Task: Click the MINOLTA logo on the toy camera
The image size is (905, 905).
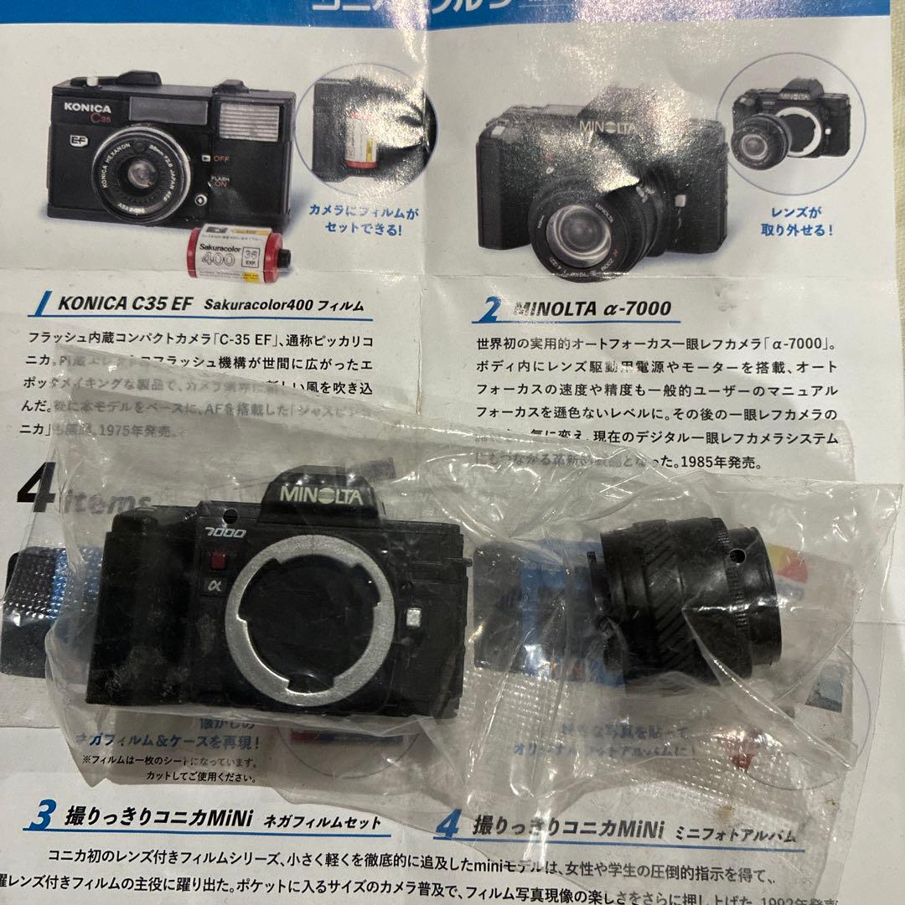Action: click(321, 494)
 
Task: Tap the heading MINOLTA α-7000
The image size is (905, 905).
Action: click(592, 308)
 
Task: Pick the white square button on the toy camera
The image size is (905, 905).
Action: click(413, 618)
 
